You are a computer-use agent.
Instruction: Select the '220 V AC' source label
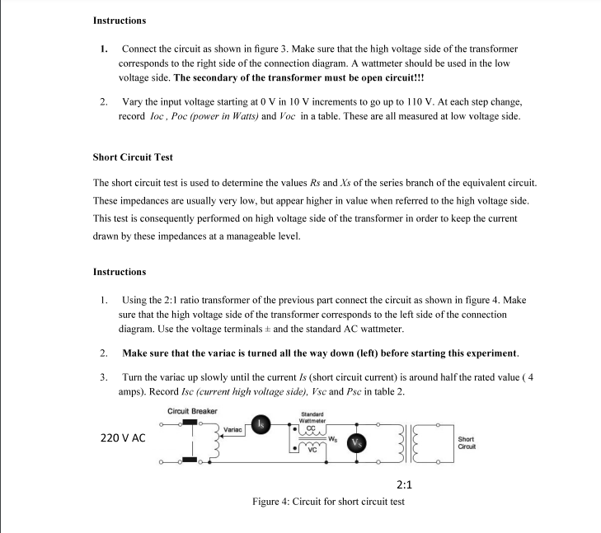coord(123,437)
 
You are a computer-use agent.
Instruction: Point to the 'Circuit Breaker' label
coord(192,411)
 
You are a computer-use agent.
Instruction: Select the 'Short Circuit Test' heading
coord(133,157)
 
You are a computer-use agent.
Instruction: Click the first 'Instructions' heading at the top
coord(120,20)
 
